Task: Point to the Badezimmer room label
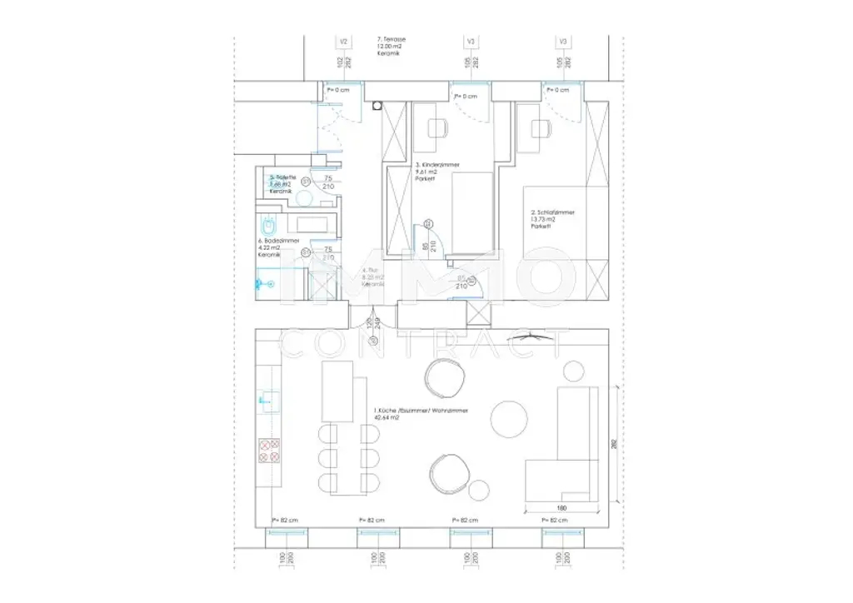[276, 247]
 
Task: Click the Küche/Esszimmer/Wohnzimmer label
[420, 415]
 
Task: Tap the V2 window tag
[342, 41]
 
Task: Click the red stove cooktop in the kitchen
[270, 451]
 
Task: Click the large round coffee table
[509, 418]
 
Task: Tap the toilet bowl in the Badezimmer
[270, 226]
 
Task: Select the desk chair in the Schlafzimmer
[540, 128]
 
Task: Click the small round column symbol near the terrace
[377, 106]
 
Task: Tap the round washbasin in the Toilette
[304, 197]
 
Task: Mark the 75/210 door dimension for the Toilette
[327, 182]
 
